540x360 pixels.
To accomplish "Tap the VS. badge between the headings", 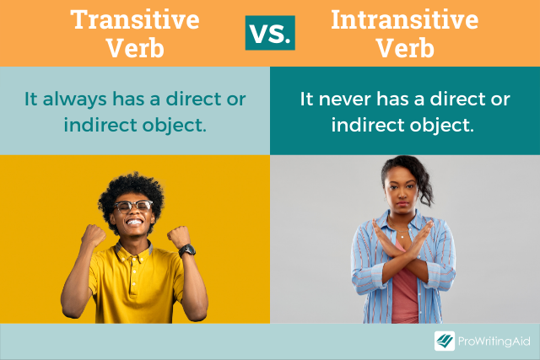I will (x=270, y=33).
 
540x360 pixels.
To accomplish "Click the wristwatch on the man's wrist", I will (x=187, y=250).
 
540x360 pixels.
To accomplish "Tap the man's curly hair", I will (x=131, y=183).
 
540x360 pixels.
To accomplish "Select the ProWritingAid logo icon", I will (x=445, y=341).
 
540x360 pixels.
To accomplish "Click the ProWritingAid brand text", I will (x=494, y=341).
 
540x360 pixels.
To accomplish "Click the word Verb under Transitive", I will (x=134, y=48).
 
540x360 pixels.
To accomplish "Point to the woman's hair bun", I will (x=421, y=169).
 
